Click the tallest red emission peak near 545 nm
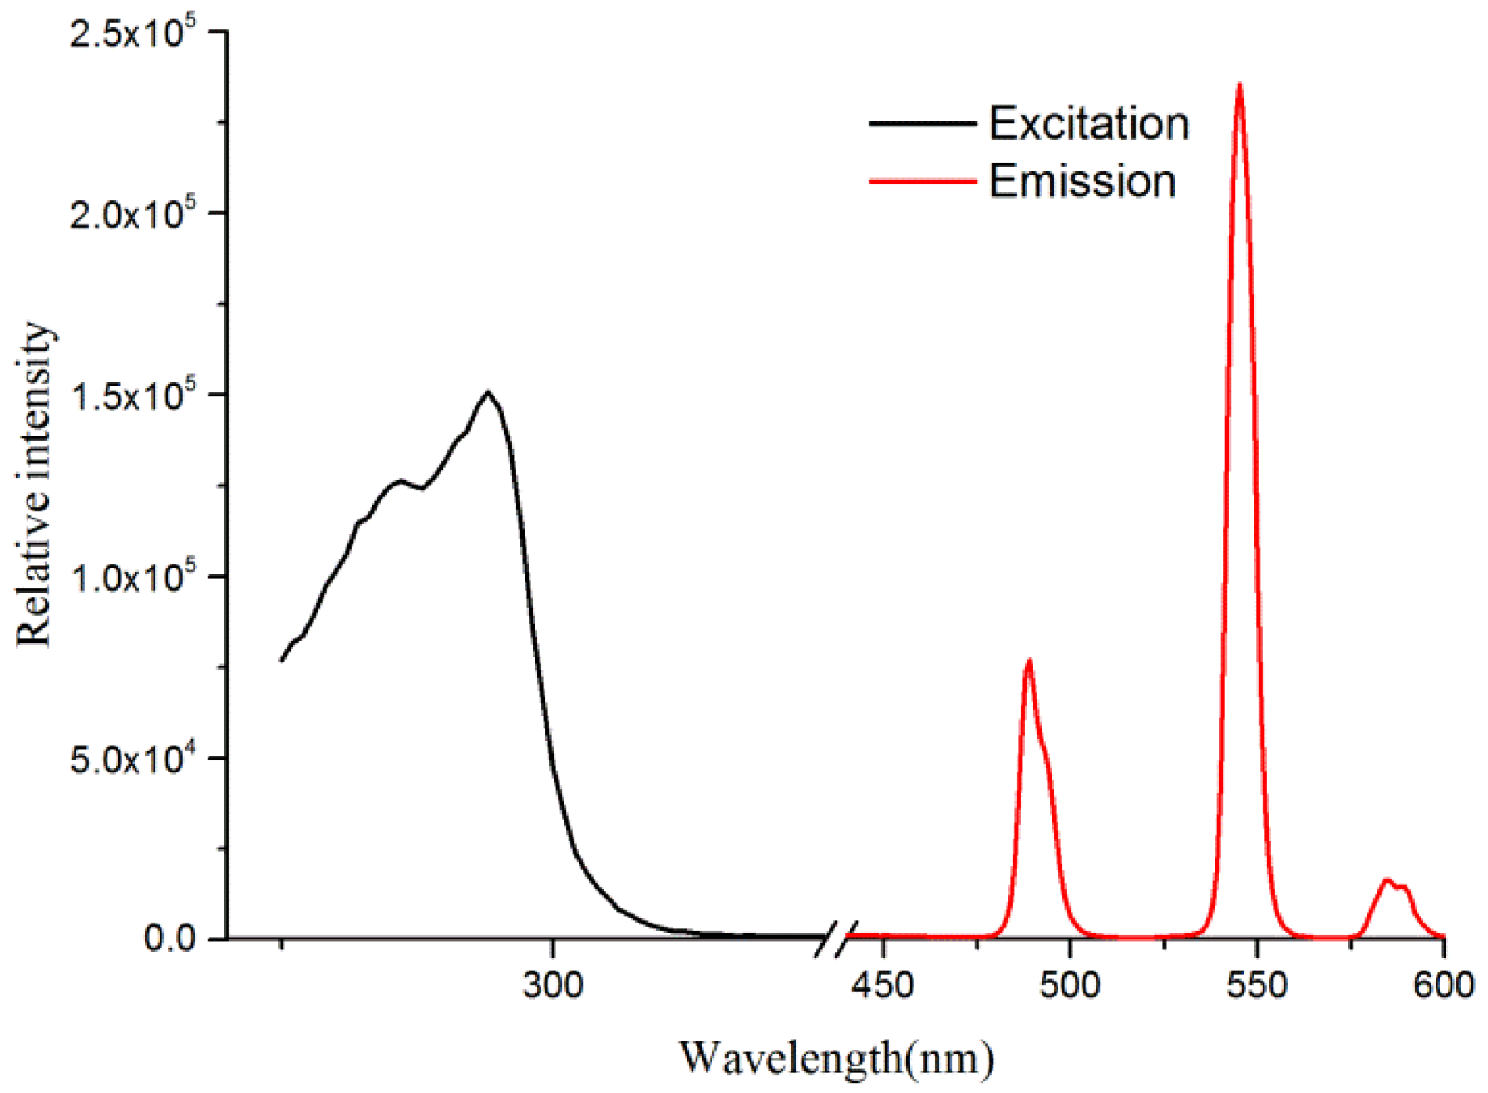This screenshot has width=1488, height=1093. click(1239, 86)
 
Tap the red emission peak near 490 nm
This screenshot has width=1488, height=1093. click(1029, 662)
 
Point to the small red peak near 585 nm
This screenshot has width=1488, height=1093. click(1387, 880)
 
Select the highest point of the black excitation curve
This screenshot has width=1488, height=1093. click(488, 392)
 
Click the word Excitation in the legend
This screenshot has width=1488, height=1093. click(1088, 124)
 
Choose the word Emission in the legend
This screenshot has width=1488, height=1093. click(1082, 181)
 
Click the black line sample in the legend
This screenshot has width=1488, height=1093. click(922, 124)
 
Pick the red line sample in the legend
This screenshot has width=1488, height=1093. click(922, 180)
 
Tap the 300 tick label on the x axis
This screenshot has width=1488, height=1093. click(553, 986)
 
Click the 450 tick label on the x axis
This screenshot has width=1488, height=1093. click(883, 986)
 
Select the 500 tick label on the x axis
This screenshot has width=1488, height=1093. click(1070, 986)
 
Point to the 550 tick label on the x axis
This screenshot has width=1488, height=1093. click(1257, 986)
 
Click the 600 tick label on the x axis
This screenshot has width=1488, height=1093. click(1443, 986)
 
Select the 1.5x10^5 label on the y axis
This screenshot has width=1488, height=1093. click(133, 396)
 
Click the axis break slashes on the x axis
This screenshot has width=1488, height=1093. click(835, 939)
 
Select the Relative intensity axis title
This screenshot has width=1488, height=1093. click(35, 485)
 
